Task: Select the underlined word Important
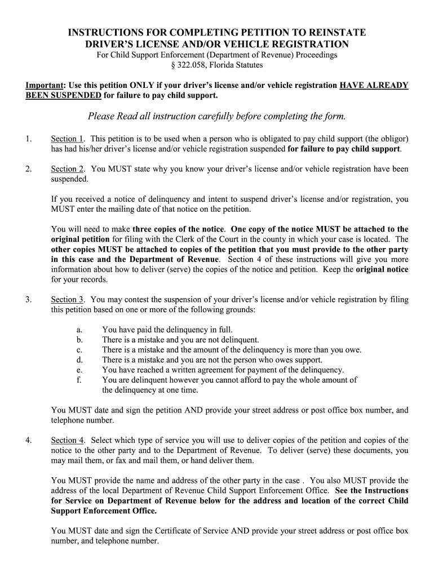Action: click(x=45, y=85)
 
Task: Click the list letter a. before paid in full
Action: click(x=79, y=329)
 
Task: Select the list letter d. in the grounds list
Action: click(x=79, y=359)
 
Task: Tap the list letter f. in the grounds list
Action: click(x=79, y=380)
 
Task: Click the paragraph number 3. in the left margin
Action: click(x=29, y=299)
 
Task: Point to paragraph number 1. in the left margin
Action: click(x=29, y=138)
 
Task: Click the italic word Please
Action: click(x=101, y=116)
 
